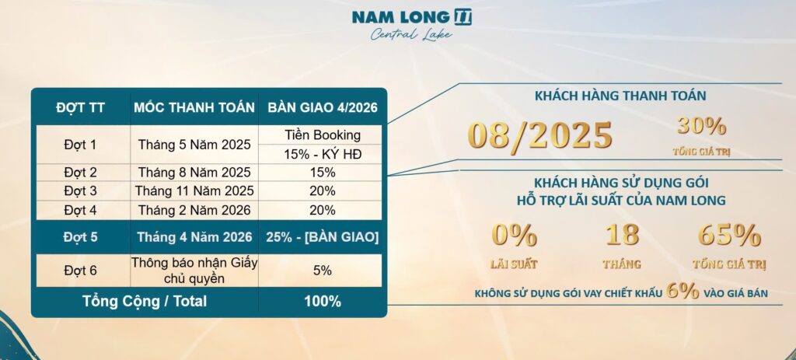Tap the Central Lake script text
pos(411,34)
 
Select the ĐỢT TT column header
pos(81,107)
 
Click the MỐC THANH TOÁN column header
pos(194,107)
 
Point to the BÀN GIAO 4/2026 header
pos(323,107)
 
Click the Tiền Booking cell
pos(323,135)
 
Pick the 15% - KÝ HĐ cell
pos(323,155)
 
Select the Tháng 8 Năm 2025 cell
pos(194,173)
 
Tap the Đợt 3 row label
pos(80,191)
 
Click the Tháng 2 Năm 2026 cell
pos(194,210)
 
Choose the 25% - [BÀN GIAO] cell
pos(323,237)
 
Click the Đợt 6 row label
pos(80,271)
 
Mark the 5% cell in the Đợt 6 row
pos(323,271)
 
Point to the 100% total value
pos(323,302)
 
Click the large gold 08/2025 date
pos(540,135)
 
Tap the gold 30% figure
pos(702,125)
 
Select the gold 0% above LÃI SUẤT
pos(515,235)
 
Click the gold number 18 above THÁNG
pos(622,235)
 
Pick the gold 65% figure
pos(729,235)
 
